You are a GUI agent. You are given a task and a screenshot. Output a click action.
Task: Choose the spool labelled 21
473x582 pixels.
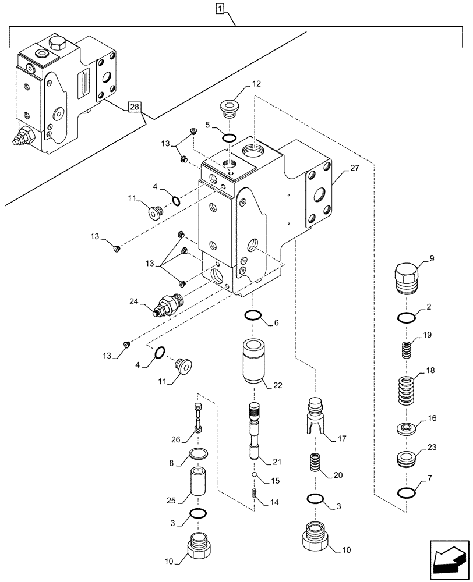click(x=255, y=434)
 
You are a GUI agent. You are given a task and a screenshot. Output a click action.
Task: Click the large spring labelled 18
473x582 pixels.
click(x=407, y=391)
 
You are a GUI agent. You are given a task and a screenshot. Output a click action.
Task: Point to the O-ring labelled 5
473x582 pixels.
click(x=229, y=138)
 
